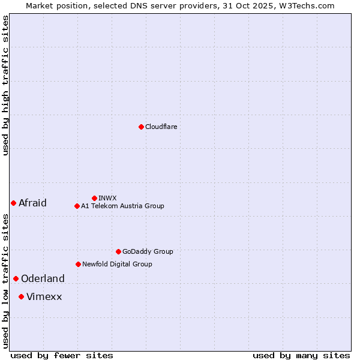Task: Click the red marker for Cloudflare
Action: (141, 127)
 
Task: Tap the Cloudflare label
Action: (161, 127)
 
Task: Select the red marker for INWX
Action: (94, 198)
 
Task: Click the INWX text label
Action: (107, 198)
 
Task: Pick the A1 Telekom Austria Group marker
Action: (77, 206)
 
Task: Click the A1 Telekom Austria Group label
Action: (122, 206)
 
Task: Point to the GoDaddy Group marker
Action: (118, 251)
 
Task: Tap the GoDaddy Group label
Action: (148, 251)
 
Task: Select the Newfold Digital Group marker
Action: (78, 264)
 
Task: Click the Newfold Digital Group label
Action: (117, 264)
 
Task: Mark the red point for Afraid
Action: (13, 203)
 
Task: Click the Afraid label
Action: (32, 203)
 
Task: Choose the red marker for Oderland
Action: (16, 278)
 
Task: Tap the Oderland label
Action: (43, 278)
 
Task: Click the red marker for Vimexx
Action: (21, 296)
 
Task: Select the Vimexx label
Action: (44, 296)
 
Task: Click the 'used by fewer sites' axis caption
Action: (62, 355)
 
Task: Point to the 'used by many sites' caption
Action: (301, 355)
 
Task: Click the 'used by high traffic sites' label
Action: (5, 85)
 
